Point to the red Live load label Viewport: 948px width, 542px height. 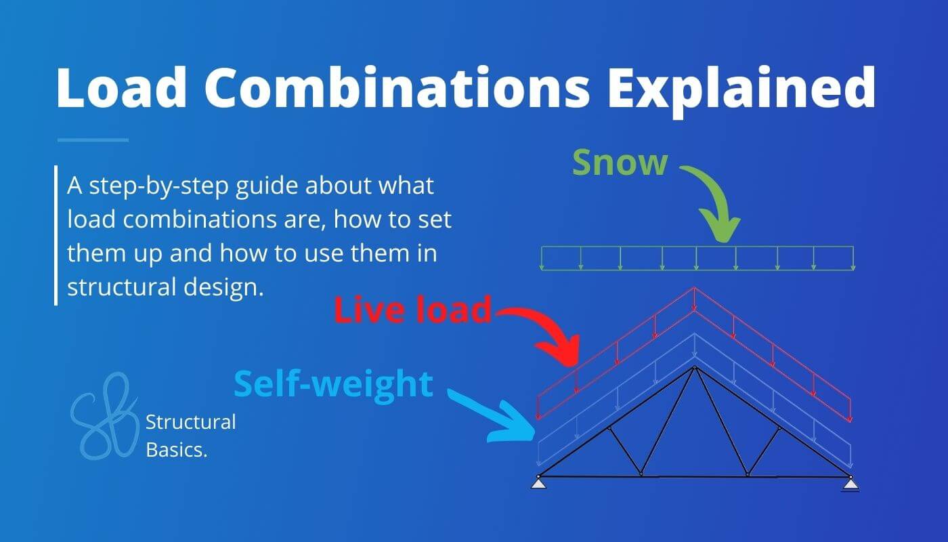click(412, 310)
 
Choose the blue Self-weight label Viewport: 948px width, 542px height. click(333, 383)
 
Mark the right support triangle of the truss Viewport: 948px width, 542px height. click(850, 483)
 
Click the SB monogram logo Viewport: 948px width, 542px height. click(105, 415)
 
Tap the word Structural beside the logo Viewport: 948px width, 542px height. click(191, 423)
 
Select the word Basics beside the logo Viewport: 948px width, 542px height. click(176, 449)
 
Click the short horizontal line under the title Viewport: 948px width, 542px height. click(93, 140)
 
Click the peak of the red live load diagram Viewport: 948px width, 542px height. click(694, 289)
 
